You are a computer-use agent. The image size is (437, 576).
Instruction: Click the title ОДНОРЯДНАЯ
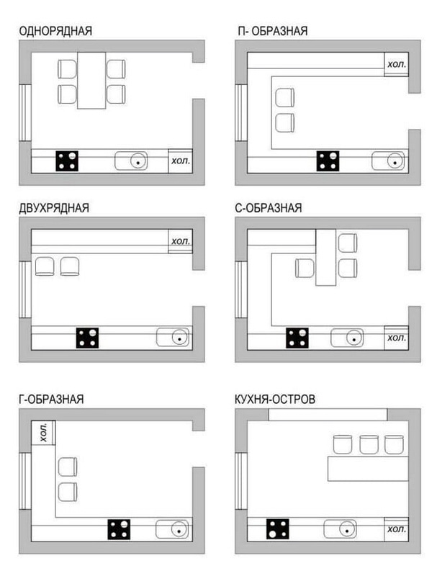click(55, 31)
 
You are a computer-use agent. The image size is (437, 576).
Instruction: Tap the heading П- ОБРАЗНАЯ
click(272, 31)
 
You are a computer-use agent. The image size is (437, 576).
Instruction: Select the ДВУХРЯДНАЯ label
click(54, 208)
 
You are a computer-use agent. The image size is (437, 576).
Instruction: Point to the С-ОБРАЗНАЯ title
click(269, 208)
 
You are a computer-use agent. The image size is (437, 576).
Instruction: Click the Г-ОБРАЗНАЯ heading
click(51, 400)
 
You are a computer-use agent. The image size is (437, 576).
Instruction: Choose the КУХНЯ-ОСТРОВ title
click(275, 400)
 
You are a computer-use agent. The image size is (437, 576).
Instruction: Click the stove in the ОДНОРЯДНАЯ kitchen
click(67, 161)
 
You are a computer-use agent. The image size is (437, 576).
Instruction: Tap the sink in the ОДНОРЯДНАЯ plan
click(132, 161)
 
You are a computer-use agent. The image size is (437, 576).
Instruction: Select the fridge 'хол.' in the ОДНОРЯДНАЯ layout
click(180, 161)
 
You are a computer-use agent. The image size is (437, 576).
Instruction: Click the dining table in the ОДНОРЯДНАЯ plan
click(91, 81)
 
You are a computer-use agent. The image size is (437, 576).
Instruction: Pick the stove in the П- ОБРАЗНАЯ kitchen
click(328, 161)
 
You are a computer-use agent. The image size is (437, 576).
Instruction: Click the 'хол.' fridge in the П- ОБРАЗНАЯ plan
click(396, 64)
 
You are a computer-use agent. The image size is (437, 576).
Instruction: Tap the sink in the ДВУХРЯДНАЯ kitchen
click(173, 337)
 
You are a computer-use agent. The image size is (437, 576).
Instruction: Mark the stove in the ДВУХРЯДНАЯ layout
click(87, 338)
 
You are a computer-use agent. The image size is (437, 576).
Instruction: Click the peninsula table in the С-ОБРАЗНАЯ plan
click(325, 258)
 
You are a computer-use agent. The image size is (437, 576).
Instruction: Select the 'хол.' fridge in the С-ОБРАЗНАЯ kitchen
click(396, 338)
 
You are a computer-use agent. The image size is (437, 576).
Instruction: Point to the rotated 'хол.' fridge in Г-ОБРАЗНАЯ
click(43, 433)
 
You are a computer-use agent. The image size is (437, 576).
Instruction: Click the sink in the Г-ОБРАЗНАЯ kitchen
click(173, 529)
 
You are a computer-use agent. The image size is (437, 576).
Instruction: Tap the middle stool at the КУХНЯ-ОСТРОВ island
click(369, 444)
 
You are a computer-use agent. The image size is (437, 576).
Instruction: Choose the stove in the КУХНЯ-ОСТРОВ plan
click(278, 529)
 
